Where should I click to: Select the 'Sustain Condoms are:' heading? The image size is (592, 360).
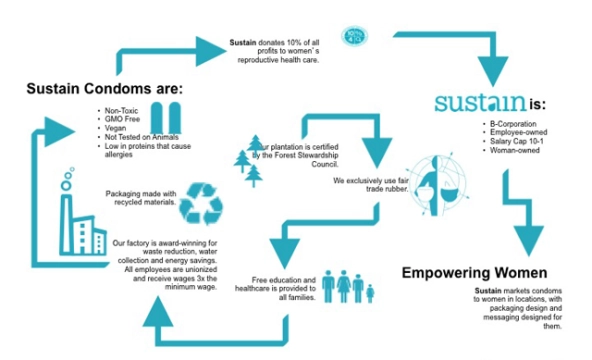[104, 89]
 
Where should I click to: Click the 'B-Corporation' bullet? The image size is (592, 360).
[506, 123]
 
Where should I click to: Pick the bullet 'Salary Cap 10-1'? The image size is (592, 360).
[510, 139]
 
